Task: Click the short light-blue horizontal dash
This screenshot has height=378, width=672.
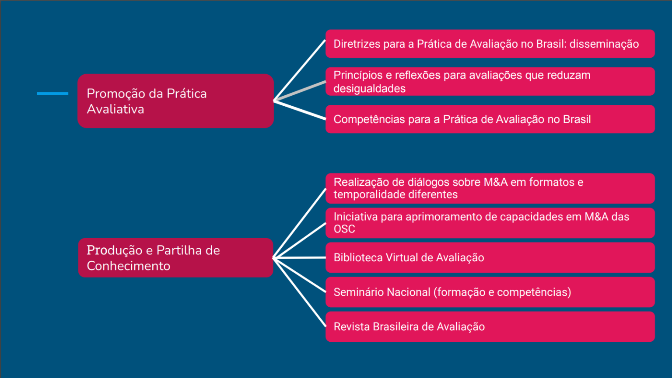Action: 52,94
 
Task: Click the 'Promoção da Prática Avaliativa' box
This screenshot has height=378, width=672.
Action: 175,101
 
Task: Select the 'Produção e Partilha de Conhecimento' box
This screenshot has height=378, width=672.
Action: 175,258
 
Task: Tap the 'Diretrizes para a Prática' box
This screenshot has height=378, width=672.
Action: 490,44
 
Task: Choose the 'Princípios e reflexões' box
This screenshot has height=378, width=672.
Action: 490,82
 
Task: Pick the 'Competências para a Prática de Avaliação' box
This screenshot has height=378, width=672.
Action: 490,119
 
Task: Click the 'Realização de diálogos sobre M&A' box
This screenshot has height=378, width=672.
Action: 490,188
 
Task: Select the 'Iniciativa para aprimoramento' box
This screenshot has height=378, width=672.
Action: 490,223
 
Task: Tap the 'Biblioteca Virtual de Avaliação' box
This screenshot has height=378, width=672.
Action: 490,257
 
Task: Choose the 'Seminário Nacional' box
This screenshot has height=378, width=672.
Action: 490,292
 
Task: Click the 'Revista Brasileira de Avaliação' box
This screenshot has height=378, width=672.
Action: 490,327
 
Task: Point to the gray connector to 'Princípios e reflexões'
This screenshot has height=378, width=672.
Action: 300,90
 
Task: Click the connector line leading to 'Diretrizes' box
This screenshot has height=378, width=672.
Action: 299,70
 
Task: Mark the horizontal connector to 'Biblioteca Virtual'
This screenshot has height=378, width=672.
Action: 299,257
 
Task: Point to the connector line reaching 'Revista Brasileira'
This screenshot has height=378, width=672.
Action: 299,292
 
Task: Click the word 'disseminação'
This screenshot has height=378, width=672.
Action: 604,44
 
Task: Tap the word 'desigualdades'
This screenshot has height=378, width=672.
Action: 370,89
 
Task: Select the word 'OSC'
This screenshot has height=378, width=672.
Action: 344,229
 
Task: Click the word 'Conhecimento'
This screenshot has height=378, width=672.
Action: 129,266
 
